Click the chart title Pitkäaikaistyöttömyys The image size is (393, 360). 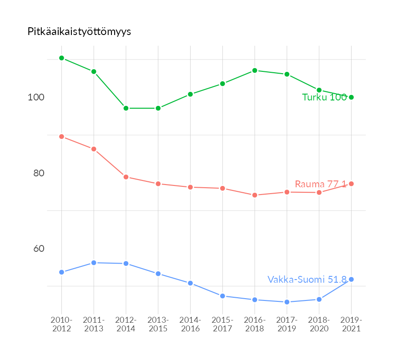79,32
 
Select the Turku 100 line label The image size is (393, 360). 324,97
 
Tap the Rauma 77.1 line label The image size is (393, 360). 321,184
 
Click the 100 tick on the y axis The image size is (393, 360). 37,97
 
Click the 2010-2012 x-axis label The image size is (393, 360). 61,325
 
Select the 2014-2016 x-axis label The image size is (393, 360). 190,325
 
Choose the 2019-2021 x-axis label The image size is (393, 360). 351,325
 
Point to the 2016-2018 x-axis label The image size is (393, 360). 255,325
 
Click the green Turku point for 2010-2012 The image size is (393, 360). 61,58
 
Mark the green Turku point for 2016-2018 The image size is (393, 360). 255,70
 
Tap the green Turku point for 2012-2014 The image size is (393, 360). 126,108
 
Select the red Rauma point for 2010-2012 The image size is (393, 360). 61,137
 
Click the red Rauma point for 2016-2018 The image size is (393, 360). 255,195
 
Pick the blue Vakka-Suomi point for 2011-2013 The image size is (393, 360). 94,263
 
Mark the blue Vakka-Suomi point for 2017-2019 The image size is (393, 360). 287,302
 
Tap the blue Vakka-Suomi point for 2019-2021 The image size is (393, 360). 351,279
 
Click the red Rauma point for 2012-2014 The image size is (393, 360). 126,177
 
